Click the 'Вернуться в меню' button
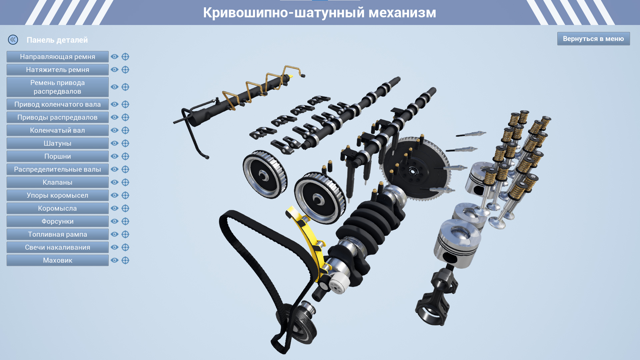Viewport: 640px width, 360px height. (593, 39)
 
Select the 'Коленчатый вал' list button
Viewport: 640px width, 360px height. (57, 130)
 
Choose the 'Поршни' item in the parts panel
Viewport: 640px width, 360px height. (57, 156)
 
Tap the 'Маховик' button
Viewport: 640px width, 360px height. (57, 260)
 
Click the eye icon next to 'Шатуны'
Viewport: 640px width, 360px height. (115, 143)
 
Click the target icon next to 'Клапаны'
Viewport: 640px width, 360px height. (125, 182)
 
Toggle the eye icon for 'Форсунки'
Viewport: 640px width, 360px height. (115, 221)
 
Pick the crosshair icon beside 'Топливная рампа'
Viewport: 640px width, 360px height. (125, 234)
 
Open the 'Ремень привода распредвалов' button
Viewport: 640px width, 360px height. (57, 87)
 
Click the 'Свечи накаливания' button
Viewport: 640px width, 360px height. (57, 247)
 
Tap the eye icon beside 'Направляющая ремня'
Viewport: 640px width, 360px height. (115, 57)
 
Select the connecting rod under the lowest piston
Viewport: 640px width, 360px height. (437, 297)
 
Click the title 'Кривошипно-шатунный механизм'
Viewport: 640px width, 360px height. (320, 13)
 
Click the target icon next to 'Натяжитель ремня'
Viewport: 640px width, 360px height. (125, 70)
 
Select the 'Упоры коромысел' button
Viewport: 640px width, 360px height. (57, 195)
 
